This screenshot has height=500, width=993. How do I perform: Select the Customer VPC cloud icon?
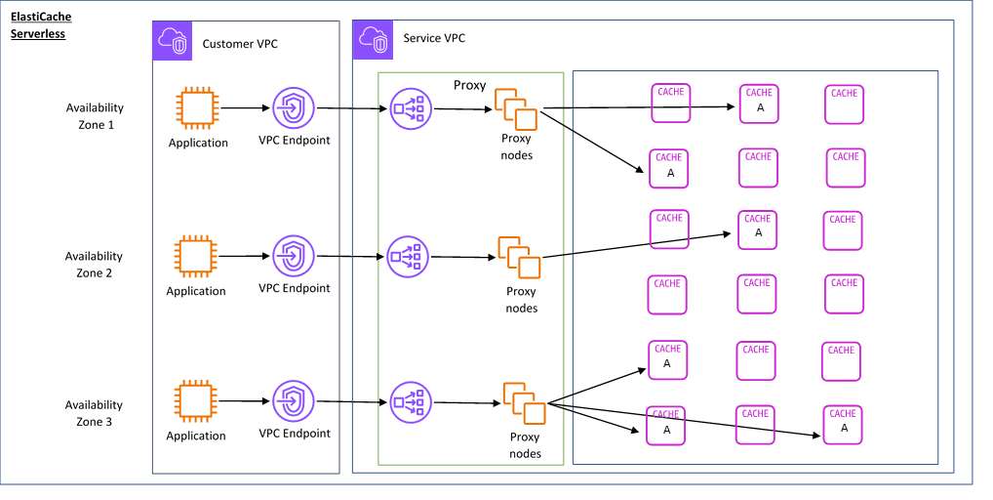tap(172, 40)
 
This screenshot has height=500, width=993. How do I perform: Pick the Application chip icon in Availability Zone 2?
tap(195, 256)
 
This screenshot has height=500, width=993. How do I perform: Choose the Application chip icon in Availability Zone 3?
tap(195, 400)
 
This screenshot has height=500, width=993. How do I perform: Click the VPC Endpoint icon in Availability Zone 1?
tap(293, 108)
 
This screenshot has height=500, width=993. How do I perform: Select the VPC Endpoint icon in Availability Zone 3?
tap(293, 401)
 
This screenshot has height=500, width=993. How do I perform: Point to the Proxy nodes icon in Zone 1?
tap(516, 109)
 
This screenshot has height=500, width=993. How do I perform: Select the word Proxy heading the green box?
tap(469, 85)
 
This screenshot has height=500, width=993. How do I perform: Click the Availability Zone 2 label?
tap(94, 265)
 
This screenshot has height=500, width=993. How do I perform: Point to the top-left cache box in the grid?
tap(670, 103)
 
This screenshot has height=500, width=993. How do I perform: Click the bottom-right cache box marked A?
tap(843, 425)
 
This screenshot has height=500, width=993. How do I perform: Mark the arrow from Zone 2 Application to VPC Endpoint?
tap(245, 257)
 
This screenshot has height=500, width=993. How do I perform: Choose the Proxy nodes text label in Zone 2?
tap(522, 300)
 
